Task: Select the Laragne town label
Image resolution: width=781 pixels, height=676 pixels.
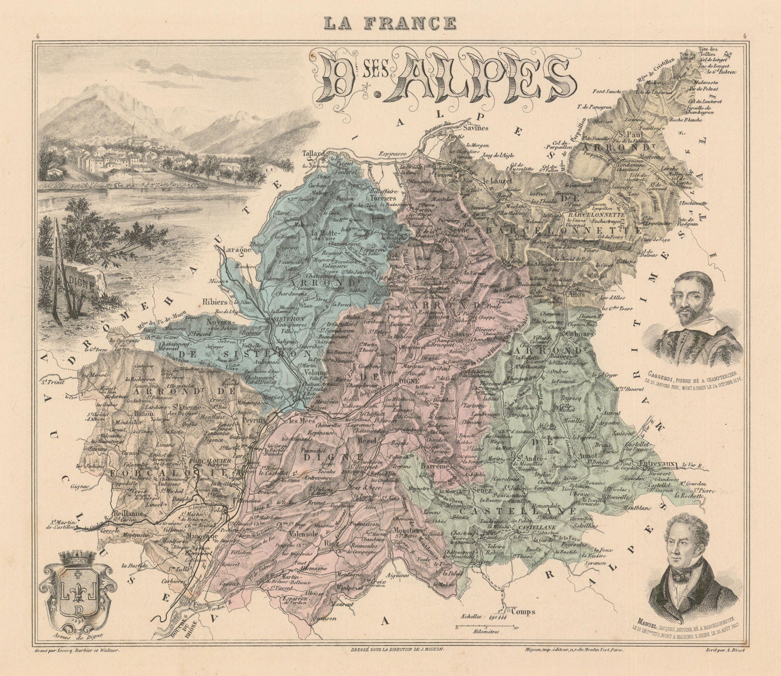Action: click(236, 249)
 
